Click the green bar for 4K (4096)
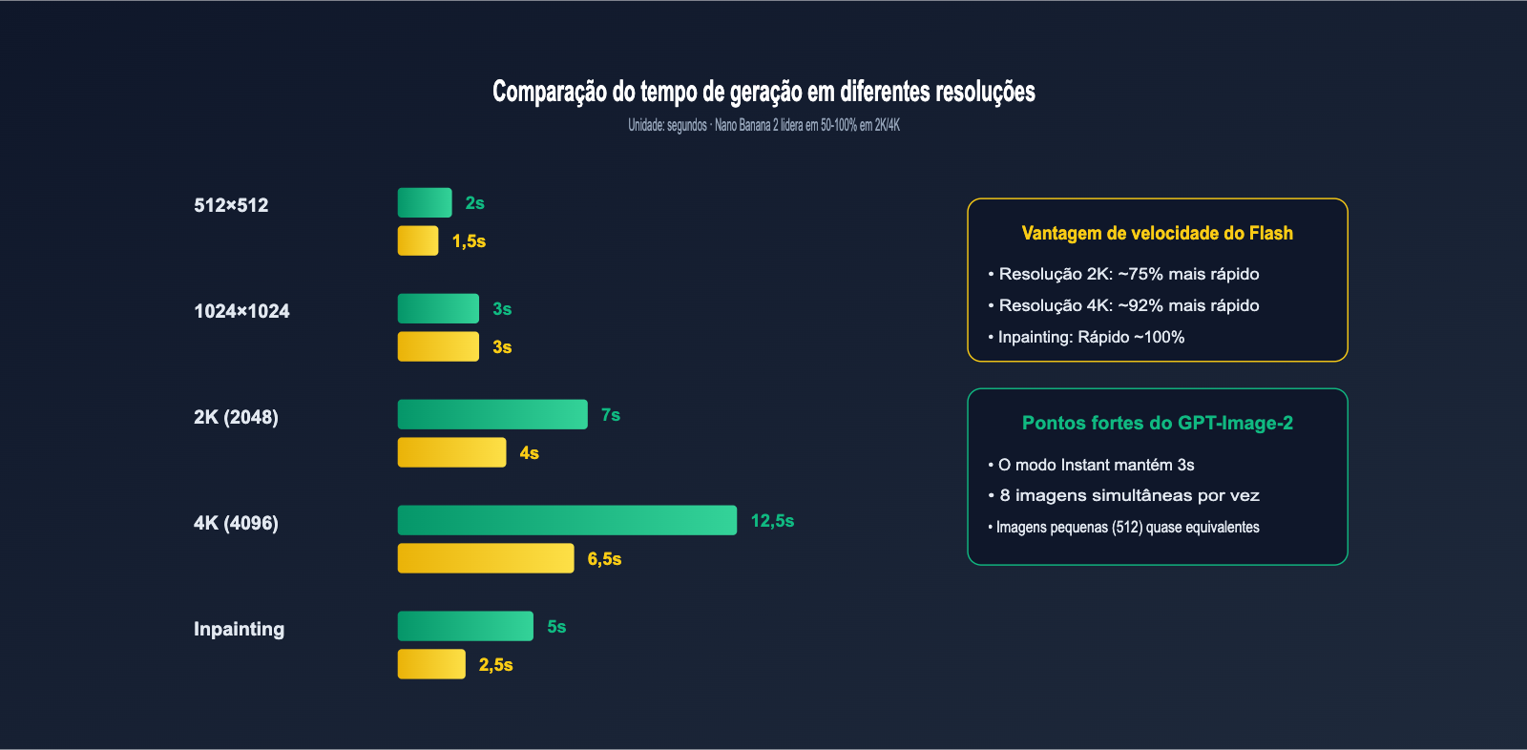(567, 520)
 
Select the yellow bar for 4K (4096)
(486, 558)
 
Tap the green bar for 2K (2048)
(492, 414)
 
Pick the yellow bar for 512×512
(418, 240)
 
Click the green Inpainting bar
(465, 626)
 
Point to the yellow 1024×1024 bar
(438, 346)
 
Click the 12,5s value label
(772, 521)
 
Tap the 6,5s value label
(604, 559)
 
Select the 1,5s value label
(469, 241)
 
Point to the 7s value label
(611, 415)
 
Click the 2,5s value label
(495, 665)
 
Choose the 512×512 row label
(231, 205)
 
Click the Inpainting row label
(239, 629)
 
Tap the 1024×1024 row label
(241, 311)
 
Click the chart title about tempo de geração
(763, 92)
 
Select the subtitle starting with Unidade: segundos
(763, 125)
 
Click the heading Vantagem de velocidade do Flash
(1157, 233)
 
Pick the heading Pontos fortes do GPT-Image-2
(1157, 423)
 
